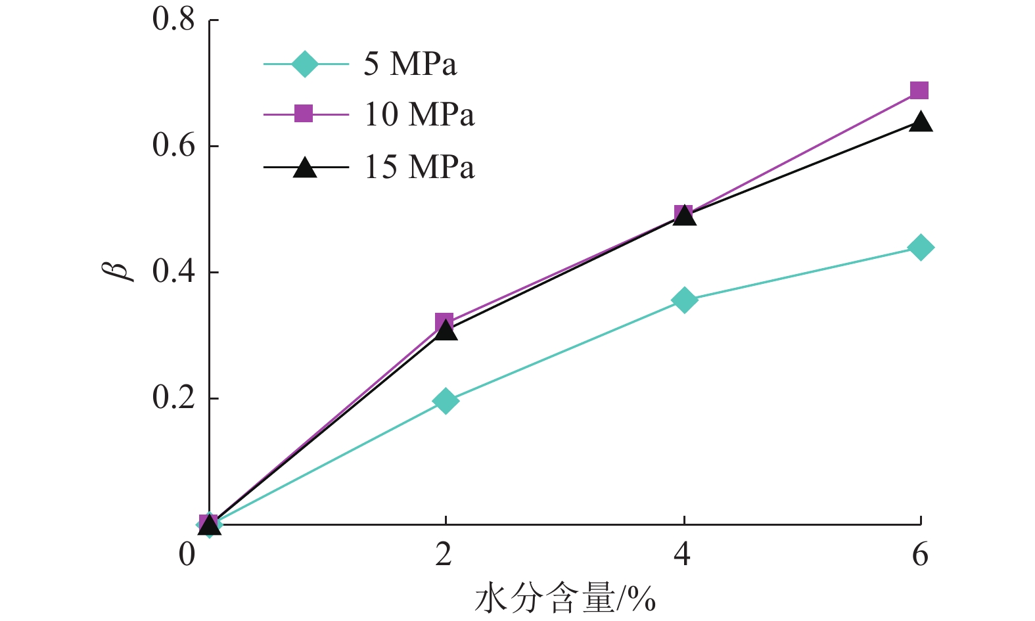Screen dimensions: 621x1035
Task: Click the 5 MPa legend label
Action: coord(410,64)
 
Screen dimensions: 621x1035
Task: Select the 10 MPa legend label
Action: coord(419,115)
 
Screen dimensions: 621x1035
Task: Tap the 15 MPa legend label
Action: coord(419,167)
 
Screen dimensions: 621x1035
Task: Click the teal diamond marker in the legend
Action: coord(304,64)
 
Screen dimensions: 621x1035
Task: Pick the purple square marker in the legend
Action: coord(304,114)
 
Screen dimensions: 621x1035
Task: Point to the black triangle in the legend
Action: coord(304,168)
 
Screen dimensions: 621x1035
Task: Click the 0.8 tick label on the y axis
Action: coord(174,20)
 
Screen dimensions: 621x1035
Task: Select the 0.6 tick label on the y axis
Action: coord(174,146)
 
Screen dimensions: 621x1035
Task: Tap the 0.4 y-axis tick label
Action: coord(174,272)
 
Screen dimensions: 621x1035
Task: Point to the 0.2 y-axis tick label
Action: coord(174,398)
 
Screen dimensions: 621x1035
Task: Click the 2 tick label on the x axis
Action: coord(444,555)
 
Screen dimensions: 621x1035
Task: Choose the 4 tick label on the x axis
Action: coord(683,555)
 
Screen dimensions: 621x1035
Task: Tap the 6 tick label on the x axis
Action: coord(920,555)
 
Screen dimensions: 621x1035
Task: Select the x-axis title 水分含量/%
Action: coord(564,598)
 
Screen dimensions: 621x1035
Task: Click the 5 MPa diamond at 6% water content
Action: coord(921,248)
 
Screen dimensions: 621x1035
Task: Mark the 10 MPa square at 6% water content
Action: coord(919,91)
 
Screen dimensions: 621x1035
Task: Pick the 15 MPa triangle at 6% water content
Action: coord(921,122)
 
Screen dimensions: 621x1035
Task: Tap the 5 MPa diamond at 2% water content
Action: coord(446,401)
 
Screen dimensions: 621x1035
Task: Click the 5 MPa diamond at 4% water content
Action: coord(684,300)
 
